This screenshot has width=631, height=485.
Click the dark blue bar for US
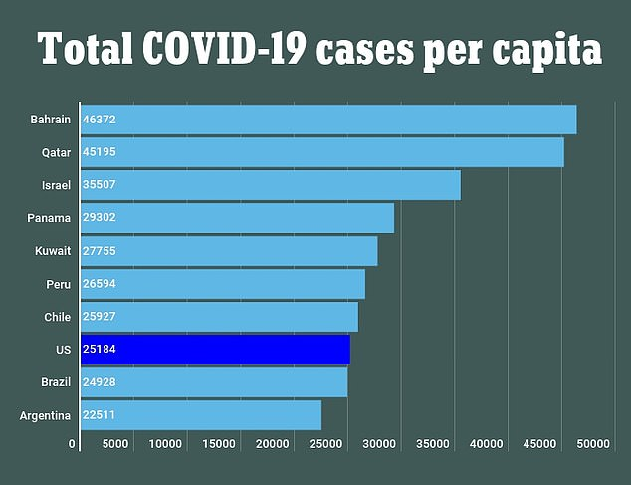215,350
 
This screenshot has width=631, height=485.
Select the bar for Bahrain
328,120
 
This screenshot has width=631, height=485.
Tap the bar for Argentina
201,415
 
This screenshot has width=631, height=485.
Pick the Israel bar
270,185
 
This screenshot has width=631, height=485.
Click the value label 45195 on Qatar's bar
100,152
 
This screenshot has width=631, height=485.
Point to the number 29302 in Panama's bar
100,218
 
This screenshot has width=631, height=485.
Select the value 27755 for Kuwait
100,251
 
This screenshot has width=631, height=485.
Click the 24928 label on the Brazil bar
100,382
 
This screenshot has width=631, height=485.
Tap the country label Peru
58,284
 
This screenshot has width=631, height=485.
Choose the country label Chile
57,317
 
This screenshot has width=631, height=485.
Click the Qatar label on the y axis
56,152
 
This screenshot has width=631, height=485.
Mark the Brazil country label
56,382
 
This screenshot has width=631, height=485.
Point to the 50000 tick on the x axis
592,443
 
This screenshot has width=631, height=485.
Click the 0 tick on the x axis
73,443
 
